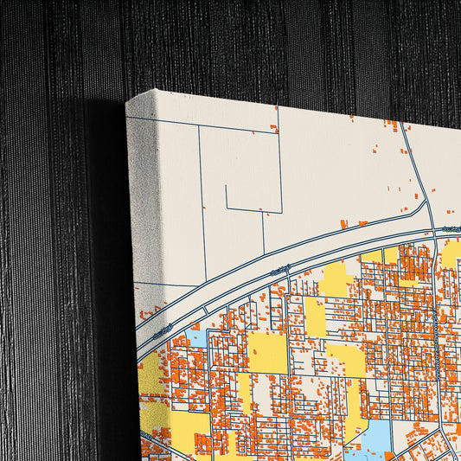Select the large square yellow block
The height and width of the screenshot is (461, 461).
267,353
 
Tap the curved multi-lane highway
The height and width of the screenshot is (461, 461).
285,259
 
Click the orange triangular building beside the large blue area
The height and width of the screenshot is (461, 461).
389,455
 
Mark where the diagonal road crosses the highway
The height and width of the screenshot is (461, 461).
432,232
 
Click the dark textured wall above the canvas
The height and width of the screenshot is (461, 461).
259,43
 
